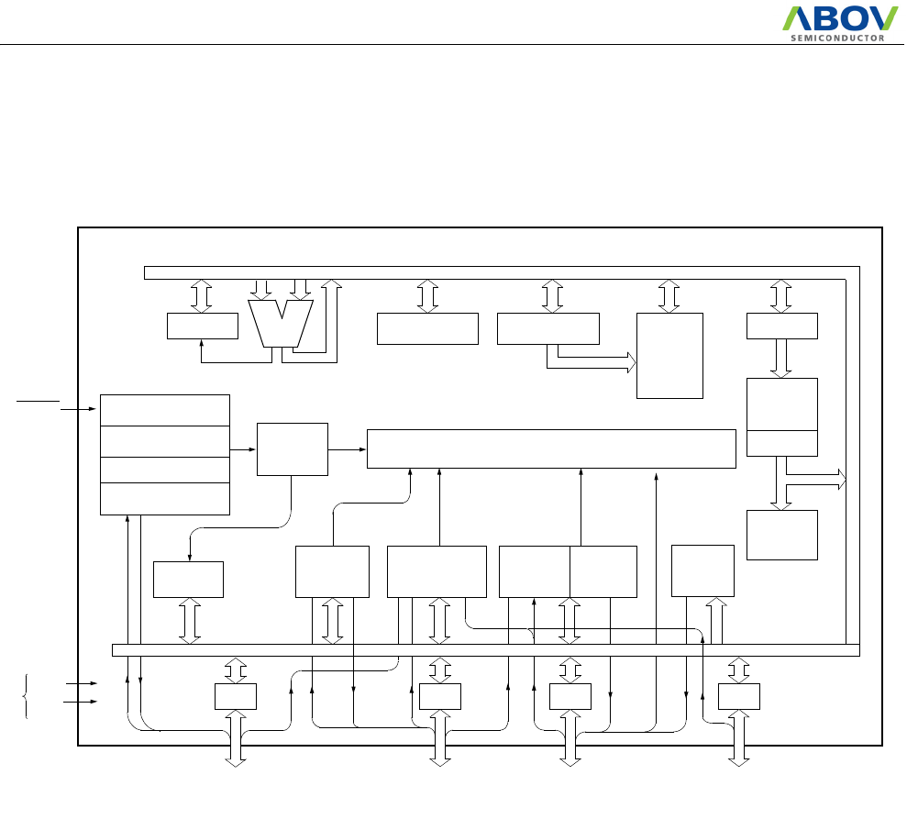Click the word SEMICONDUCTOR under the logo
click(x=837, y=39)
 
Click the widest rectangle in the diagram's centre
click(x=551, y=448)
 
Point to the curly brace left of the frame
click(x=25, y=694)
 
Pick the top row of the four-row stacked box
click(x=164, y=410)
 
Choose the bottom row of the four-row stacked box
click(x=164, y=499)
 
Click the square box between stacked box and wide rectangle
click(x=293, y=449)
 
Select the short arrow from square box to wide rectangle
click(x=348, y=449)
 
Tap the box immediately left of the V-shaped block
click(x=203, y=326)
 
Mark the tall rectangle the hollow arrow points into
click(x=669, y=356)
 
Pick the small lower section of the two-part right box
click(x=782, y=443)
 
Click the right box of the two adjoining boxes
click(x=603, y=571)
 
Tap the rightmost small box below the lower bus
click(x=739, y=697)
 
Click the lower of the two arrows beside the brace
click(x=82, y=703)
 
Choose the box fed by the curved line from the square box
click(x=189, y=579)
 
